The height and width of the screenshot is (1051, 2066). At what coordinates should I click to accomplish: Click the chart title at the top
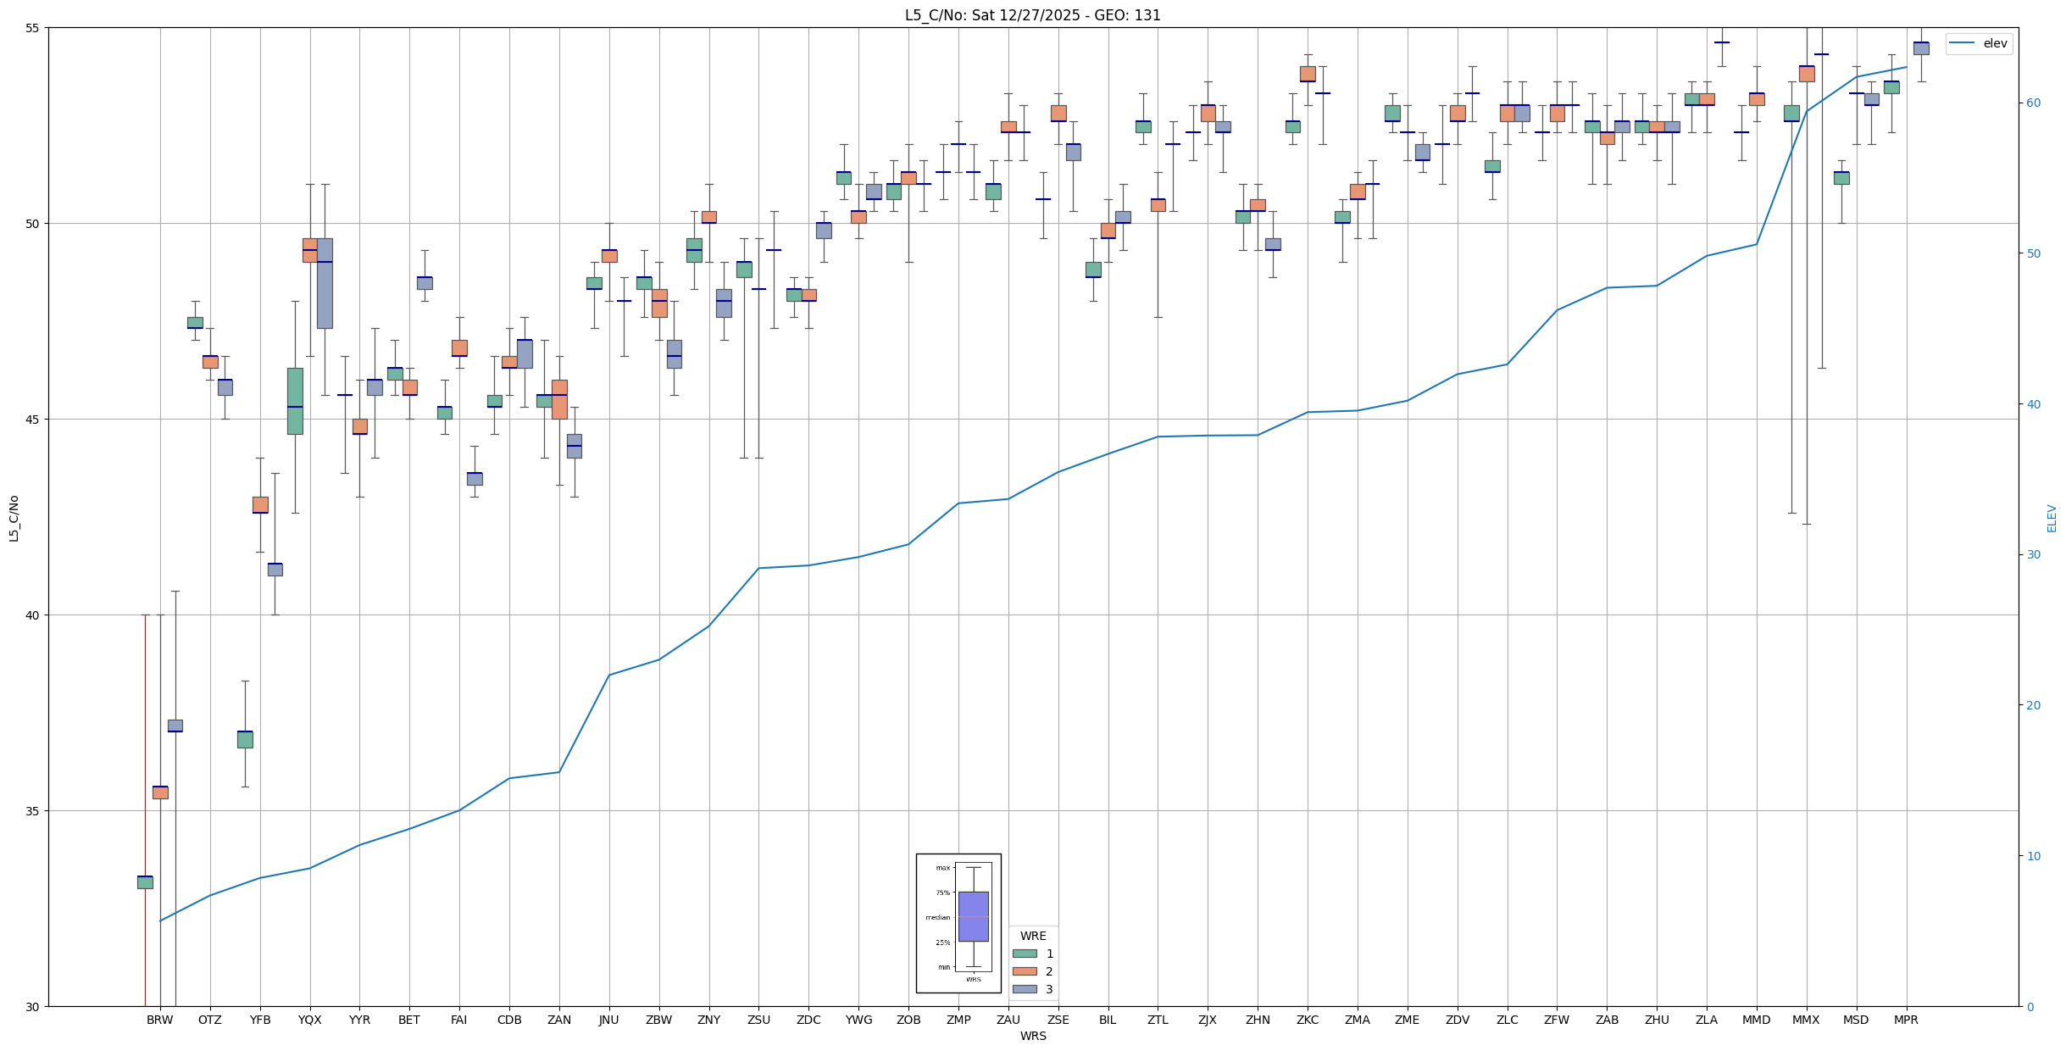point(1032,15)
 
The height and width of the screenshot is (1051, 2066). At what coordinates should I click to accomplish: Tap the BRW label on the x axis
point(159,1020)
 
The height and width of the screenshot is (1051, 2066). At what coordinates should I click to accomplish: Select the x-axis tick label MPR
point(1906,1020)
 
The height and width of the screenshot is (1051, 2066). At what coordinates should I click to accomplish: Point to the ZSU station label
point(758,1020)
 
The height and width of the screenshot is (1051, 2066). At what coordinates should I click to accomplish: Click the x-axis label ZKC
point(1308,1020)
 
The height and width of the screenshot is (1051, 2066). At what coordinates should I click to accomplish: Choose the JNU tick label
point(608,1020)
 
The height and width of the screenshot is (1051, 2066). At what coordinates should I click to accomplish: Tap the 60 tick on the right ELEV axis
point(2031,103)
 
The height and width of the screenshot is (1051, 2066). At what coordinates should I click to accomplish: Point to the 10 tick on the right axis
point(2031,856)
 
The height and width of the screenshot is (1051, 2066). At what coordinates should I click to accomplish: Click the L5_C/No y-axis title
point(14,517)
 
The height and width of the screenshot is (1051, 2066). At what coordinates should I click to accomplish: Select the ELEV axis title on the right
point(2052,518)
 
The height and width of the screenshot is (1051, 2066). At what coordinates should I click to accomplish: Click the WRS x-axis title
point(1032,1036)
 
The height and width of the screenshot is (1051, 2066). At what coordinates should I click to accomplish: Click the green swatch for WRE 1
point(1025,954)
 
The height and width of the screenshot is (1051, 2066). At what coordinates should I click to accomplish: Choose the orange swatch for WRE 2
point(1025,971)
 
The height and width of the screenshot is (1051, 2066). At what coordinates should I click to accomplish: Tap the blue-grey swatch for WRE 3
point(1025,989)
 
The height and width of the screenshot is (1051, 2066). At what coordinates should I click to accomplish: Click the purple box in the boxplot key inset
point(973,916)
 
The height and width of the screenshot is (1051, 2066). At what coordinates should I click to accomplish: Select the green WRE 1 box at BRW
point(145,882)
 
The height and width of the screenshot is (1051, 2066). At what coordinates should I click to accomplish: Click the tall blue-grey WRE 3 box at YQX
point(325,283)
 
